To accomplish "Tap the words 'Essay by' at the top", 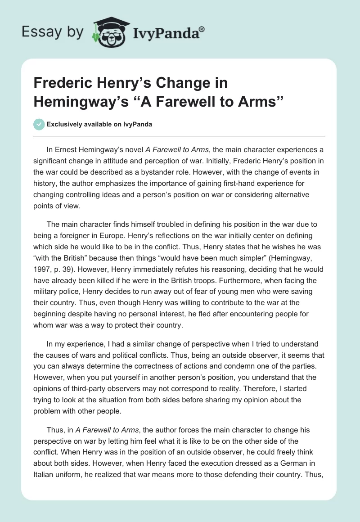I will tap(52, 32).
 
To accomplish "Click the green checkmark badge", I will tap(39, 124).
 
